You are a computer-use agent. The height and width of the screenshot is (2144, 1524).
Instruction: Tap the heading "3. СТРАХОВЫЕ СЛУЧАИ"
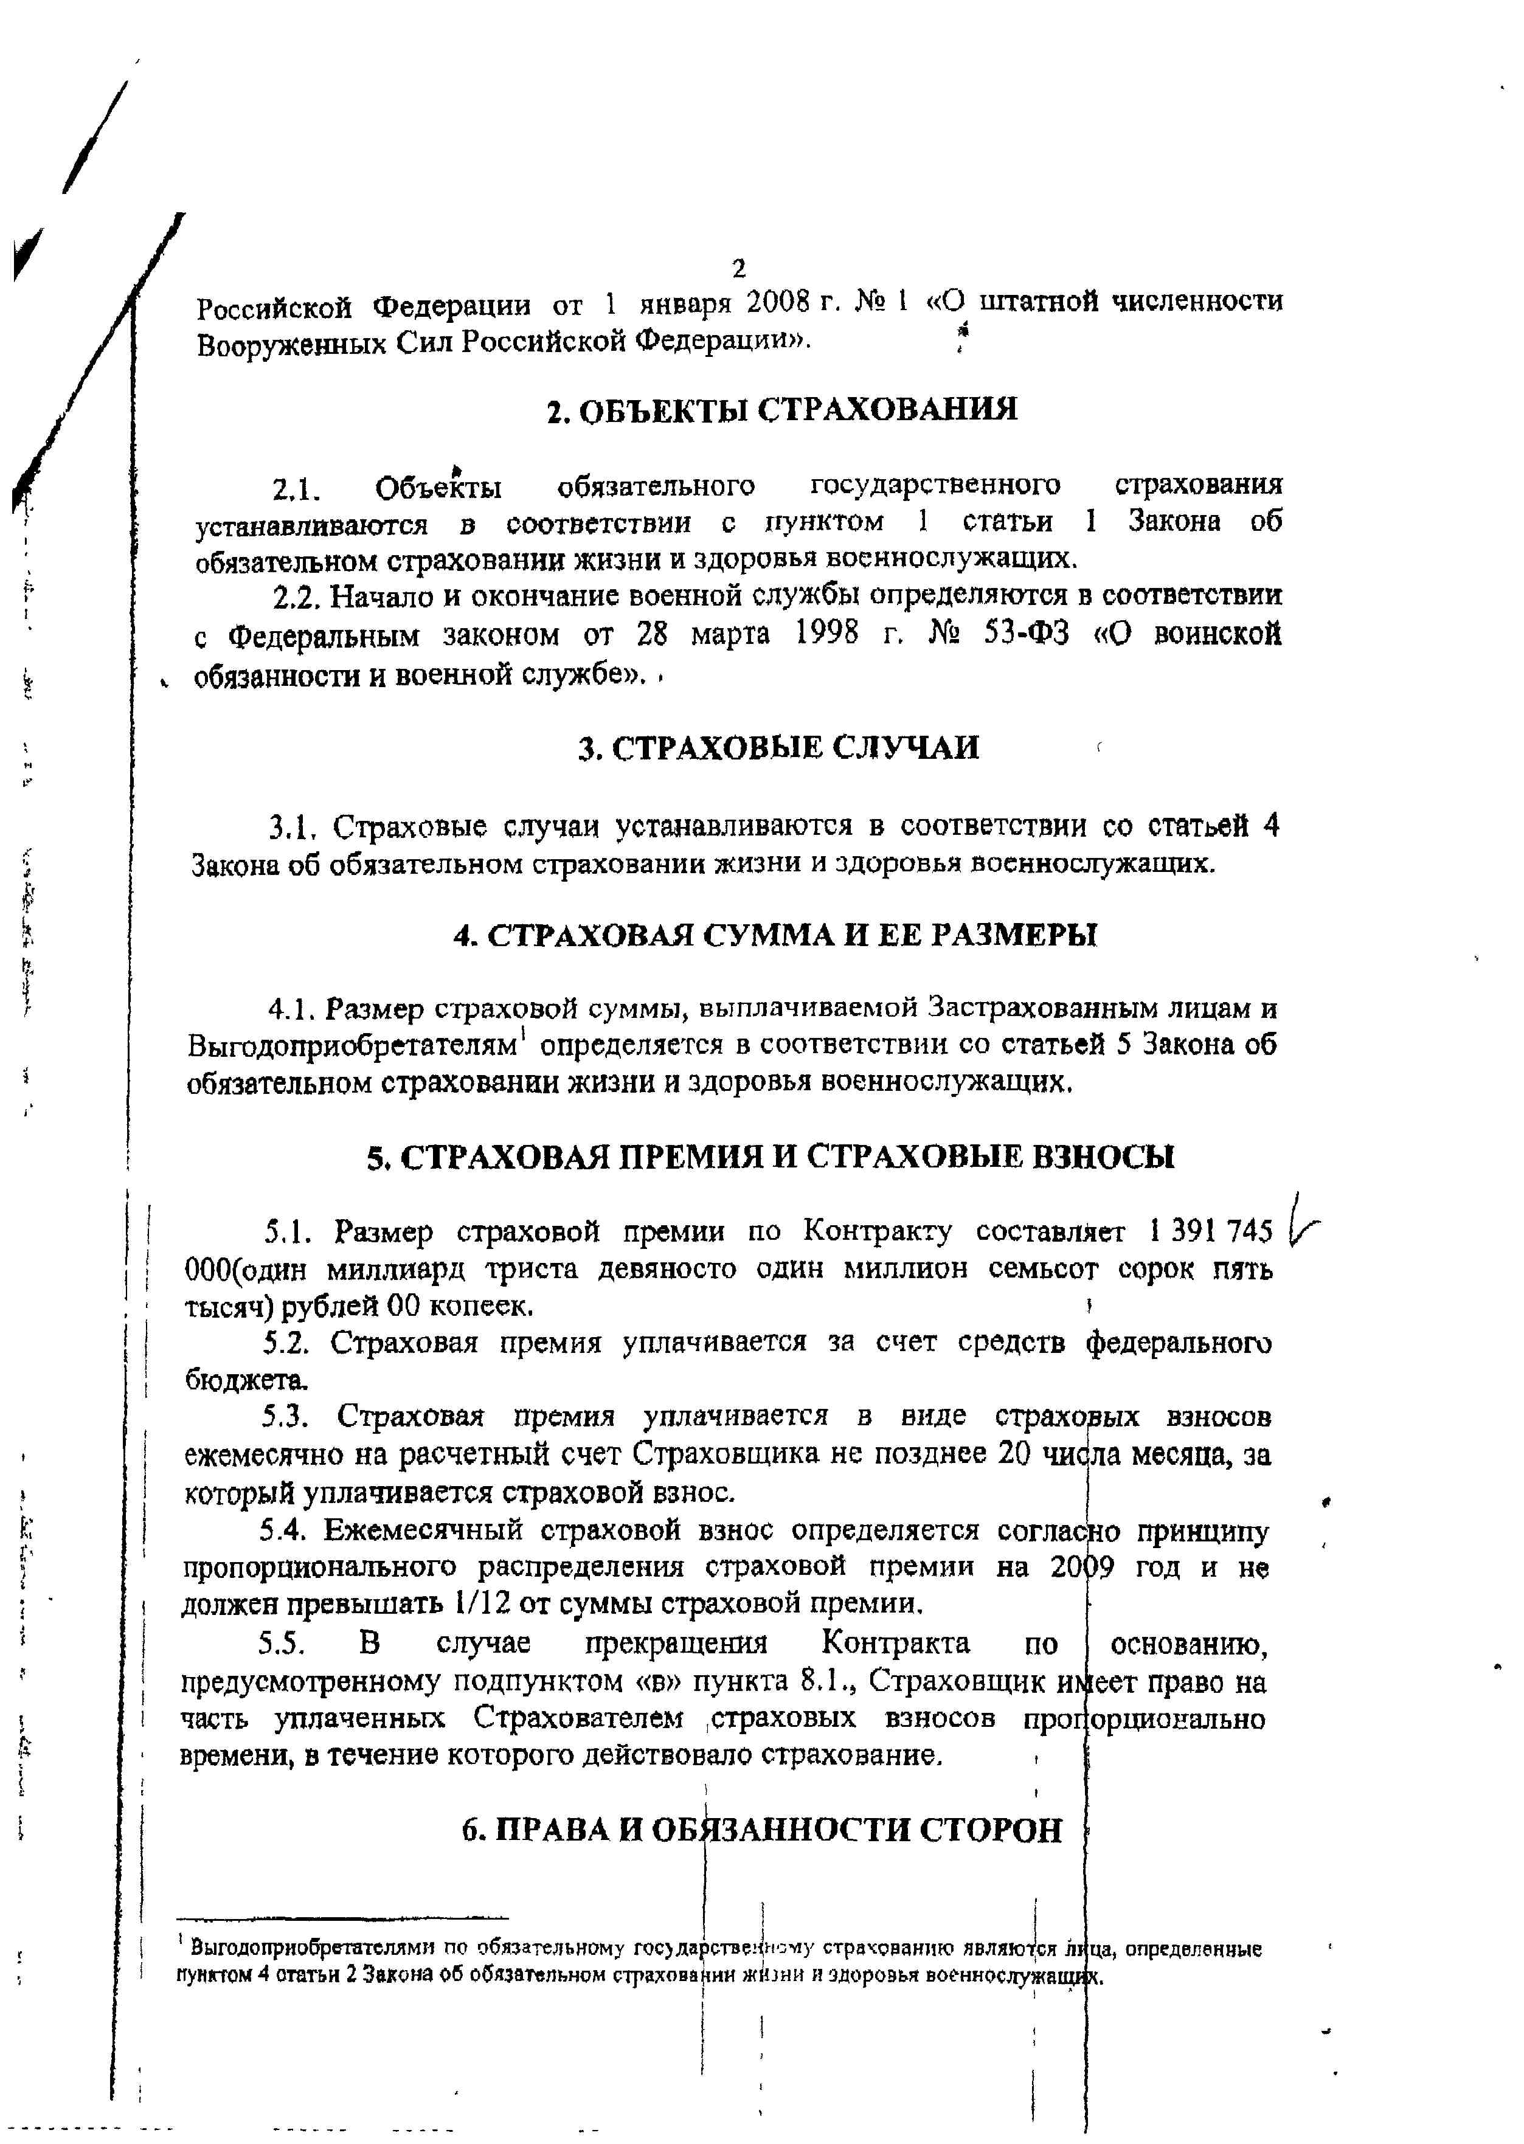click(x=778, y=748)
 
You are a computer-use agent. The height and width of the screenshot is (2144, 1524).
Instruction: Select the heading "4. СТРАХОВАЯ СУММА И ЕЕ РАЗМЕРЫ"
click(x=775, y=935)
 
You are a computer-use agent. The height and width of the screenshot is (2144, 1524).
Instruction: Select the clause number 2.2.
click(x=299, y=597)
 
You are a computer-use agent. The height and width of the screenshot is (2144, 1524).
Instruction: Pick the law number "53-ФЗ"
click(x=1027, y=635)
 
